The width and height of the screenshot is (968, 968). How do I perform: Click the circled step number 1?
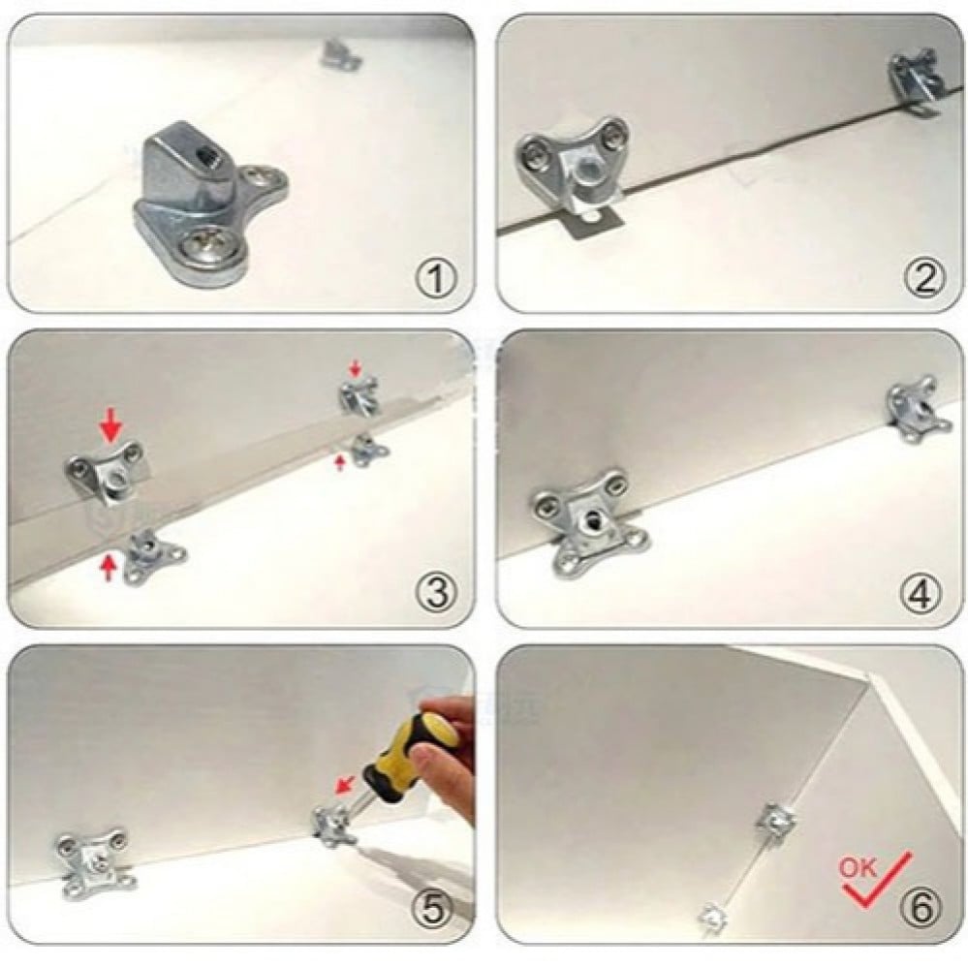tap(437, 278)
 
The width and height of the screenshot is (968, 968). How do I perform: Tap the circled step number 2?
tap(924, 278)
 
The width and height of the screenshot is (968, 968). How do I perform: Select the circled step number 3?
tap(437, 592)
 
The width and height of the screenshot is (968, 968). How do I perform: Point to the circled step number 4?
tap(922, 592)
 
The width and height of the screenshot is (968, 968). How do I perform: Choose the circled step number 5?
tap(433, 909)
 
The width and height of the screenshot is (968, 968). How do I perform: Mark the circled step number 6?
tap(921, 908)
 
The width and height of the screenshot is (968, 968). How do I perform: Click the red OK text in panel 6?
tap(858, 867)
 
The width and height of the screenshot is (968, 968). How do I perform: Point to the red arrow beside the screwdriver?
tap(346, 785)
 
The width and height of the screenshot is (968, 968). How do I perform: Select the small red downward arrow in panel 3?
tap(355, 369)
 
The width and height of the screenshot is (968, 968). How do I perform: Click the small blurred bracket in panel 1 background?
tap(340, 54)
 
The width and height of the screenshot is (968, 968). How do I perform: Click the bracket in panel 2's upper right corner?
tap(918, 80)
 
